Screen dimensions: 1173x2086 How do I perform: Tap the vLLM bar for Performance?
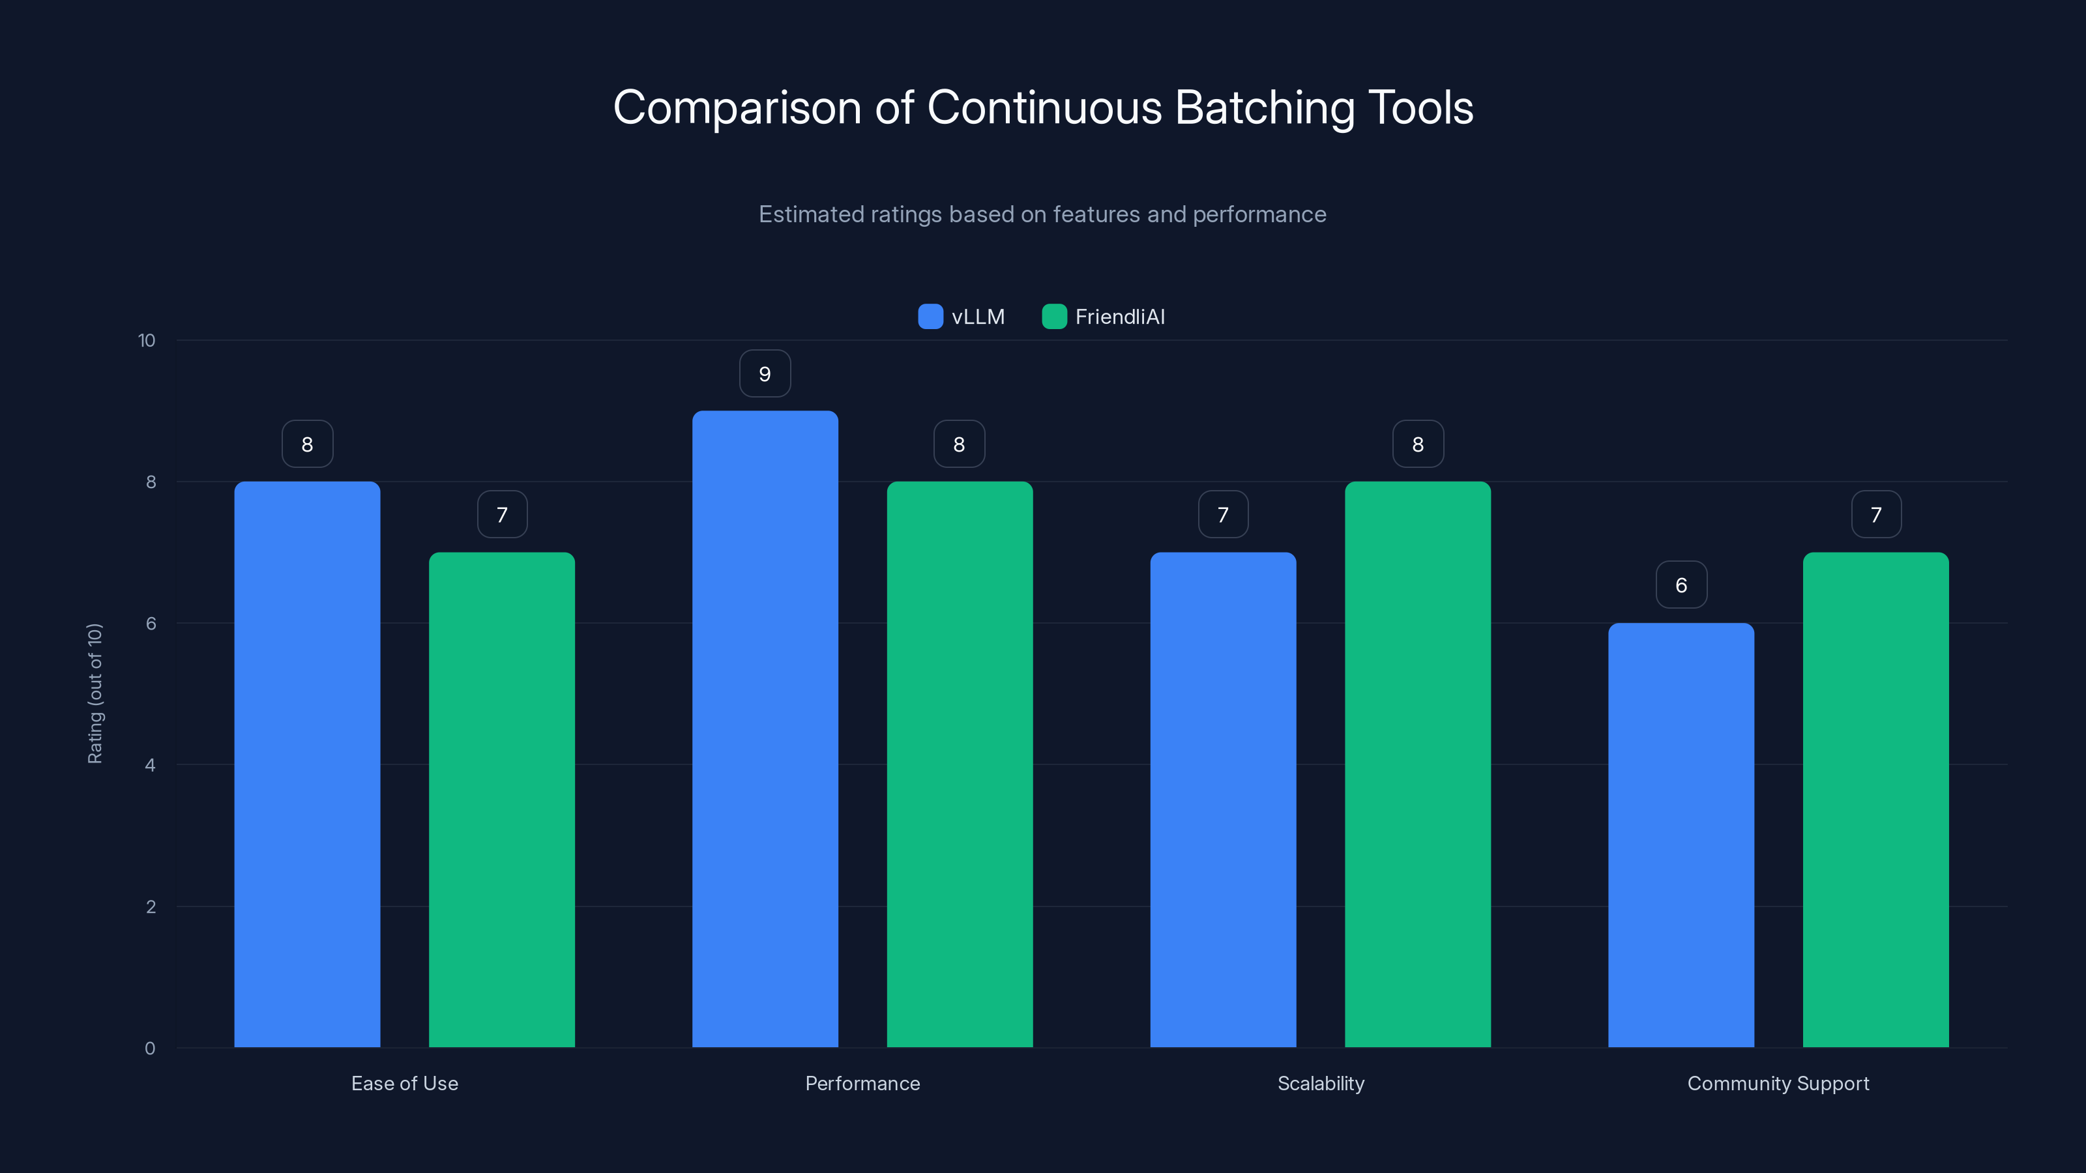point(765,729)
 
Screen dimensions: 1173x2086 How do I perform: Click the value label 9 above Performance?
point(765,374)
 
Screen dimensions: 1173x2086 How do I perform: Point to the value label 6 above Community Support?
point(1681,585)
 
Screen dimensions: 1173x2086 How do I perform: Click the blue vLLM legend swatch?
point(930,317)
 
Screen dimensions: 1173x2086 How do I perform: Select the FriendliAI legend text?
point(1120,317)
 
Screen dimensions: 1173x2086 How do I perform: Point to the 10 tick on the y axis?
point(147,340)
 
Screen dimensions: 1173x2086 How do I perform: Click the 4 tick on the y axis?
point(150,765)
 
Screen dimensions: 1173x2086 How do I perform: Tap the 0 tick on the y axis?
point(150,1049)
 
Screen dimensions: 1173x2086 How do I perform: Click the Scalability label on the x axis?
point(1321,1083)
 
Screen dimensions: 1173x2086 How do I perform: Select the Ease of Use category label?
point(405,1083)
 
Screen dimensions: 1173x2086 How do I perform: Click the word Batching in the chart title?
point(1264,108)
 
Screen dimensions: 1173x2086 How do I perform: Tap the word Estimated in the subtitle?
point(810,214)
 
